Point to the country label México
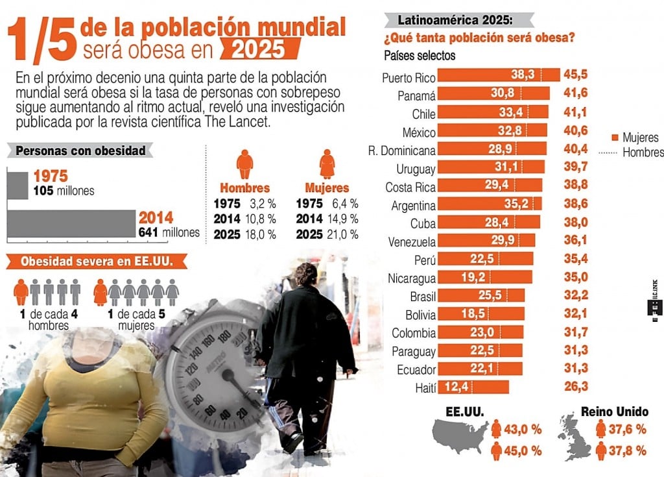pyautogui.click(x=418, y=132)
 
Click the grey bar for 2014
pyautogui.click(x=71, y=224)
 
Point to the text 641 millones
pyautogui.click(x=169, y=232)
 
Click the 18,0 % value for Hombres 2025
pyautogui.click(x=262, y=234)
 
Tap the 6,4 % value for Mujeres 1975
pyautogui.click(x=344, y=203)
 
